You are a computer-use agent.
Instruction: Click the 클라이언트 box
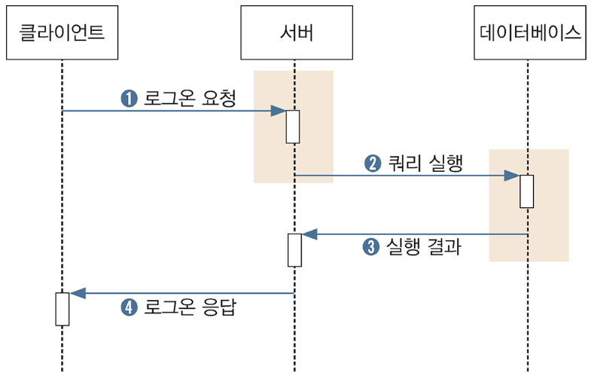click(x=62, y=32)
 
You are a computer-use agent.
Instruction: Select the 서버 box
click(x=294, y=32)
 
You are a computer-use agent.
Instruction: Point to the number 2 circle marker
click(x=373, y=163)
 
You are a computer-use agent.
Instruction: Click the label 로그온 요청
click(x=190, y=98)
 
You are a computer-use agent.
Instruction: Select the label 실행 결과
click(x=422, y=247)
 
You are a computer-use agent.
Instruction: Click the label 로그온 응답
click(x=190, y=307)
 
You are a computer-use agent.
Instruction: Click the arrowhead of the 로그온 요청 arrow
click(x=279, y=111)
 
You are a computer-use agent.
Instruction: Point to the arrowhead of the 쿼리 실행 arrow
click(x=512, y=176)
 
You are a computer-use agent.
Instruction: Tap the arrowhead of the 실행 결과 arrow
click(x=309, y=234)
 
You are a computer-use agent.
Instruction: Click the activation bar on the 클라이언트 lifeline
click(x=62, y=308)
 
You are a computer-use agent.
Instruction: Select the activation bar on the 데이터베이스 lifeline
click(x=527, y=191)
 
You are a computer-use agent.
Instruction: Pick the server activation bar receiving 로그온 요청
click(x=293, y=127)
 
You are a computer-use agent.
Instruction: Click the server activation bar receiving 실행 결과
click(x=294, y=250)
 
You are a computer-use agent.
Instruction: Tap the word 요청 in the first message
click(x=220, y=98)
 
